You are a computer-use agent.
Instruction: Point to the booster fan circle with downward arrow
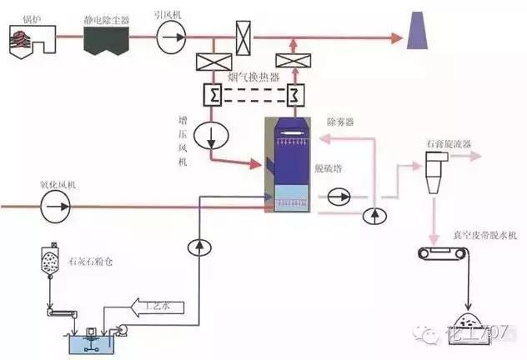coord(208,135)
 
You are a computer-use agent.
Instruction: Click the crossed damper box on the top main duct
coord(242,37)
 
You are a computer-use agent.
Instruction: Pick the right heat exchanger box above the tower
coord(293,93)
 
